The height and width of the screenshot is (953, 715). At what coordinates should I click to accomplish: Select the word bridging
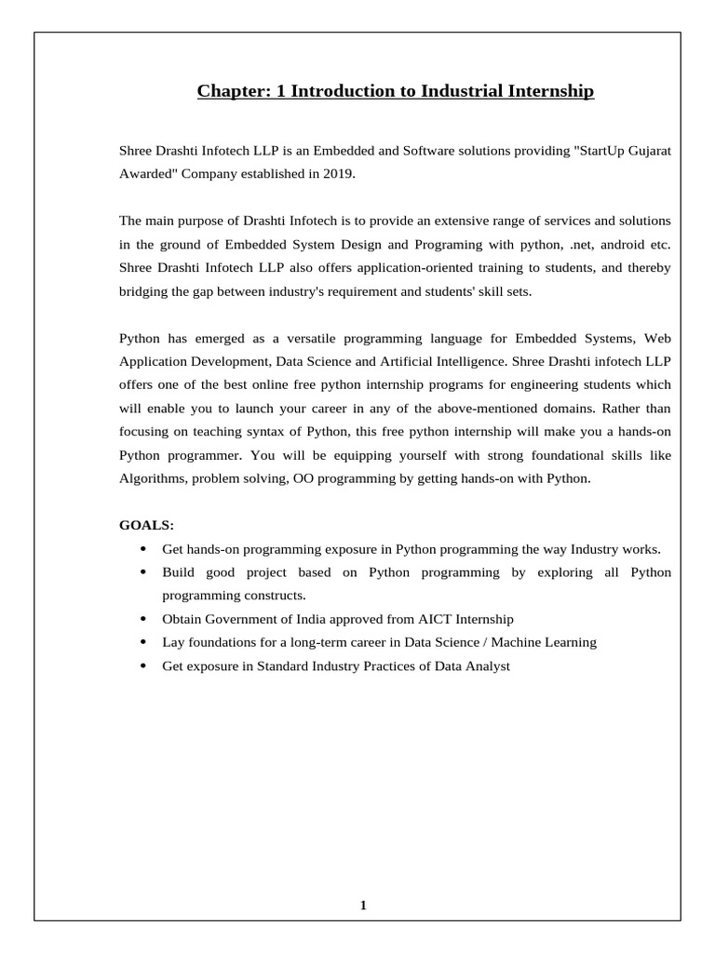click(144, 290)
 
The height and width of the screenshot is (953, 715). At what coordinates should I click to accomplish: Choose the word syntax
click(244, 432)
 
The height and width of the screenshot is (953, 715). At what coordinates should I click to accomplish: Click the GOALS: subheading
click(146, 525)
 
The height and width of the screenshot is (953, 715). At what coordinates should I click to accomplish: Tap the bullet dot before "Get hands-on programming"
click(142, 549)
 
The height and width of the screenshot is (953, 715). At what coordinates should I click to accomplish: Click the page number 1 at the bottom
click(363, 905)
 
